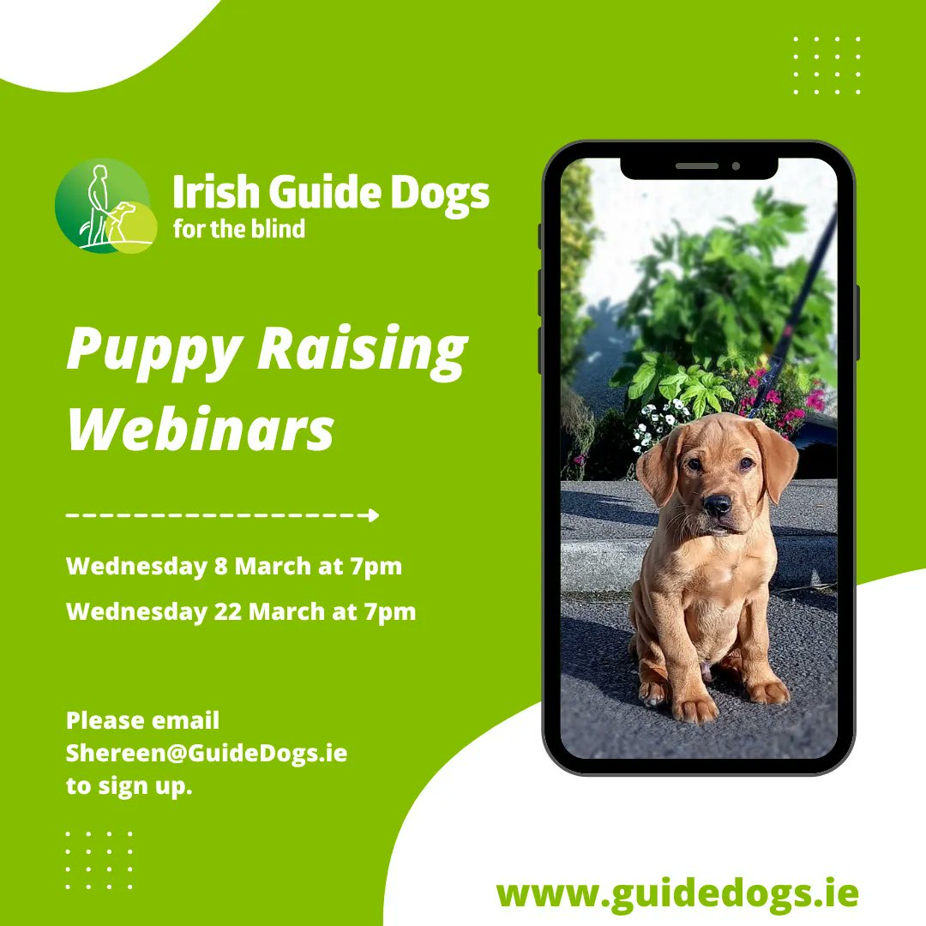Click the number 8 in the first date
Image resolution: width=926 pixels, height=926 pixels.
point(221,567)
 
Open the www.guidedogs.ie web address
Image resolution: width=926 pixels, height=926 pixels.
point(677,892)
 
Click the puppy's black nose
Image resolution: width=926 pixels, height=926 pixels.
point(717,505)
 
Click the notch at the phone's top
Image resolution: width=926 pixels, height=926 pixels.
point(699,165)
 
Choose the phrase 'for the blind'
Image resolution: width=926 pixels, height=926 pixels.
point(238,229)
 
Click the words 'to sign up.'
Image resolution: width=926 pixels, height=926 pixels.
point(129,785)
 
